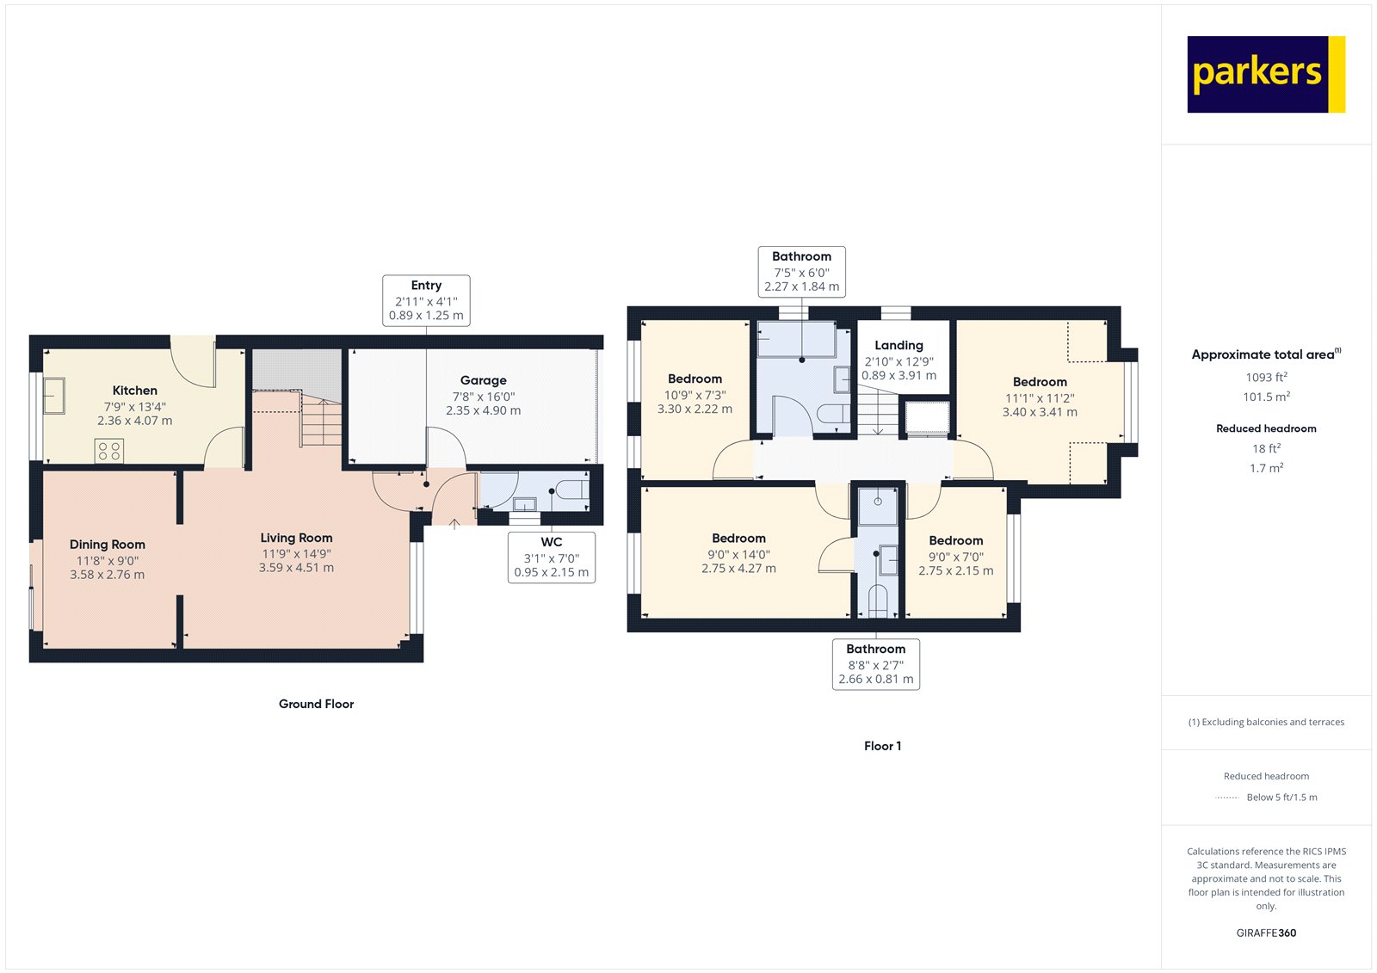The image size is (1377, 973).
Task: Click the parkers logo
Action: [x=1265, y=74]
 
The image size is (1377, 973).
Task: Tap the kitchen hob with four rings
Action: [x=109, y=451]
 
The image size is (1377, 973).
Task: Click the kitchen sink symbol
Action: [x=54, y=396]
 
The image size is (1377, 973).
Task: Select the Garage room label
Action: [x=483, y=380]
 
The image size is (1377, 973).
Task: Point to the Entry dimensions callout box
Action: [x=426, y=300]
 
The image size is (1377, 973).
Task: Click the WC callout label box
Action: [x=551, y=557]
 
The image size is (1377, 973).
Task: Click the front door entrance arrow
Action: [x=454, y=521]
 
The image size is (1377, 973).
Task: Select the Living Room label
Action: [x=296, y=538]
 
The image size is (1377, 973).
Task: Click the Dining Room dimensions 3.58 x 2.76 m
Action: [x=108, y=575]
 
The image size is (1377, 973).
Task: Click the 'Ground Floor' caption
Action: [x=316, y=704]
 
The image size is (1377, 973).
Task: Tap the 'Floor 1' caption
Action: [x=882, y=746]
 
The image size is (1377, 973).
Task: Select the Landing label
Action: [x=898, y=345]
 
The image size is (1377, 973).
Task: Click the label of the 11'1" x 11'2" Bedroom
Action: [x=1040, y=382]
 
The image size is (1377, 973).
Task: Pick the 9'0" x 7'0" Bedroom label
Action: [x=955, y=540]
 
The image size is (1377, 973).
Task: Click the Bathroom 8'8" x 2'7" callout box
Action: [x=876, y=664]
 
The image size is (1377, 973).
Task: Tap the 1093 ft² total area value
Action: [x=1266, y=377]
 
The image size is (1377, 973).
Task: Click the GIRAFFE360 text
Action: [x=1266, y=933]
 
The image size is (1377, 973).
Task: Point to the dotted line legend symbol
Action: [x=1226, y=797]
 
